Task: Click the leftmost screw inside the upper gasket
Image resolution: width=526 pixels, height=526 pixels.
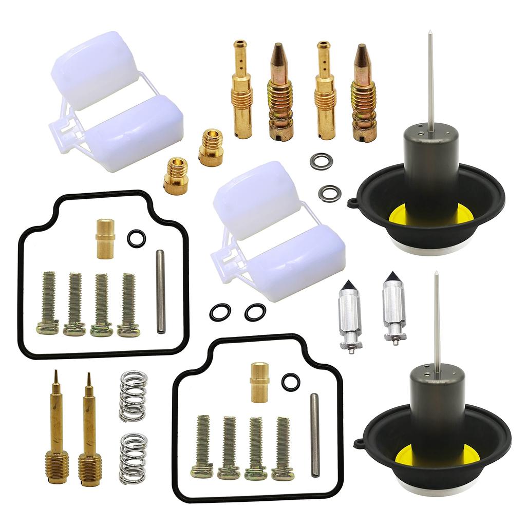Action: (x=48, y=303)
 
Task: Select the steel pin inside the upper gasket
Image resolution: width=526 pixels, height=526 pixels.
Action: (x=161, y=291)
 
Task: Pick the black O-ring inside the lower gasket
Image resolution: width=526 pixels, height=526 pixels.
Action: (x=291, y=382)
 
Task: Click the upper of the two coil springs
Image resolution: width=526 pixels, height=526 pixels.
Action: (x=133, y=396)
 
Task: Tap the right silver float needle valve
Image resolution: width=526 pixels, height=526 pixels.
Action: (x=394, y=308)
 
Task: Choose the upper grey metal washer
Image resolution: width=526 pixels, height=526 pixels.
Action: (x=322, y=161)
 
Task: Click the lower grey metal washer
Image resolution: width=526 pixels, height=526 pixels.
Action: (x=329, y=193)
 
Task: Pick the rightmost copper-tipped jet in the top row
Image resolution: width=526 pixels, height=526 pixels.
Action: (x=363, y=92)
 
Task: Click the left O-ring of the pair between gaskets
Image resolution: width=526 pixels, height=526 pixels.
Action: (x=220, y=312)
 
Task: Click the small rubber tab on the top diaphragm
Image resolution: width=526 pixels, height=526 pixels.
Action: (x=352, y=202)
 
